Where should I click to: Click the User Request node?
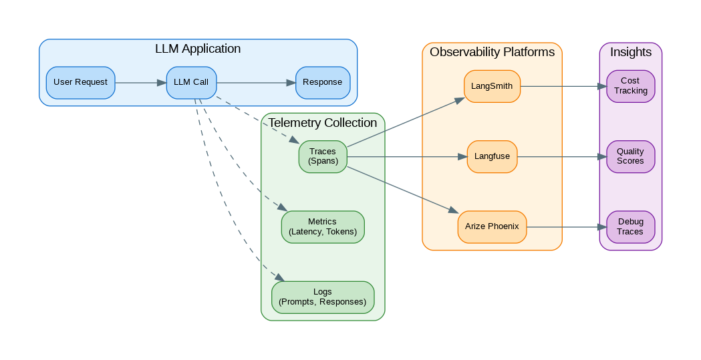[80, 83]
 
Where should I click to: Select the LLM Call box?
[191, 83]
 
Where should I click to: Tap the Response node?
[322, 83]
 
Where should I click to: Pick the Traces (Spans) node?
[322, 157]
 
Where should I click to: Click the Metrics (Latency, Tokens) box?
[322, 227]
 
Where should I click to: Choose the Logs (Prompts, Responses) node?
[322, 297]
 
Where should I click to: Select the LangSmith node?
[492, 86]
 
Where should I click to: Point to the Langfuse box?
[492, 157]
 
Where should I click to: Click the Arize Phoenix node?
[492, 227]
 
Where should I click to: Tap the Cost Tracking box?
[630, 86]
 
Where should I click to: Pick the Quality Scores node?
[630, 157]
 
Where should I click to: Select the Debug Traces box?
[630, 227]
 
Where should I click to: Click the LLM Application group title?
[198, 49]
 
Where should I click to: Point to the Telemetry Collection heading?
[323, 123]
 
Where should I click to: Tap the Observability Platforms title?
[492, 52]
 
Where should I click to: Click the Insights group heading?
[630, 52]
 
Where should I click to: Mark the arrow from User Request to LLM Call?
[140, 83]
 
